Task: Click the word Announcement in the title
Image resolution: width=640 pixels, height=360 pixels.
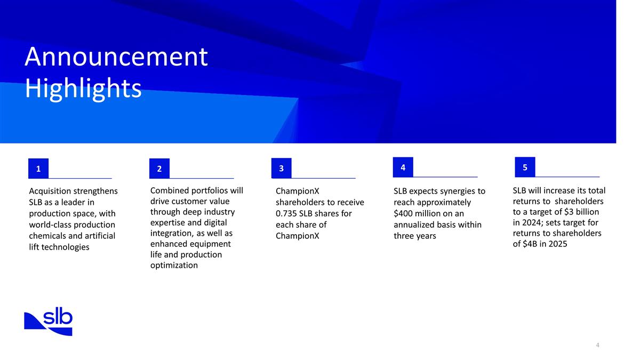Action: (x=116, y=57)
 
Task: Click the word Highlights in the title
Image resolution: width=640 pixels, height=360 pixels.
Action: (x=83, y=89)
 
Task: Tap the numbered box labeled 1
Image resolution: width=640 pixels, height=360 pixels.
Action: (x=38, y=169)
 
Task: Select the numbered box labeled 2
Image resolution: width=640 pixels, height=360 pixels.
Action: (x=159, y=169)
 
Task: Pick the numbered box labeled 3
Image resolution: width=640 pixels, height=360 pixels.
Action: (x=281, y=169)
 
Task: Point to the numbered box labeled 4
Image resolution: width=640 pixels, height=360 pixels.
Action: (x=403, y=167)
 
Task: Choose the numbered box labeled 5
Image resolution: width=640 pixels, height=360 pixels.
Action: (x=525, y=167)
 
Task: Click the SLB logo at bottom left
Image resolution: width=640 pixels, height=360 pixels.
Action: (x=49, y=322)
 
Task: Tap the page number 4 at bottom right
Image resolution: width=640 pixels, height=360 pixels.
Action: (x=598, y=345)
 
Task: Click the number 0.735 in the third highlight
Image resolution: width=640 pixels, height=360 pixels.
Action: (x=287, y=214)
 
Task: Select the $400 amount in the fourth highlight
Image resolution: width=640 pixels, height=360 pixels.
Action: (x=404, y=214)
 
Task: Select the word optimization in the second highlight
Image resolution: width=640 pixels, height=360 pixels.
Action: (x=174, y=265)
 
